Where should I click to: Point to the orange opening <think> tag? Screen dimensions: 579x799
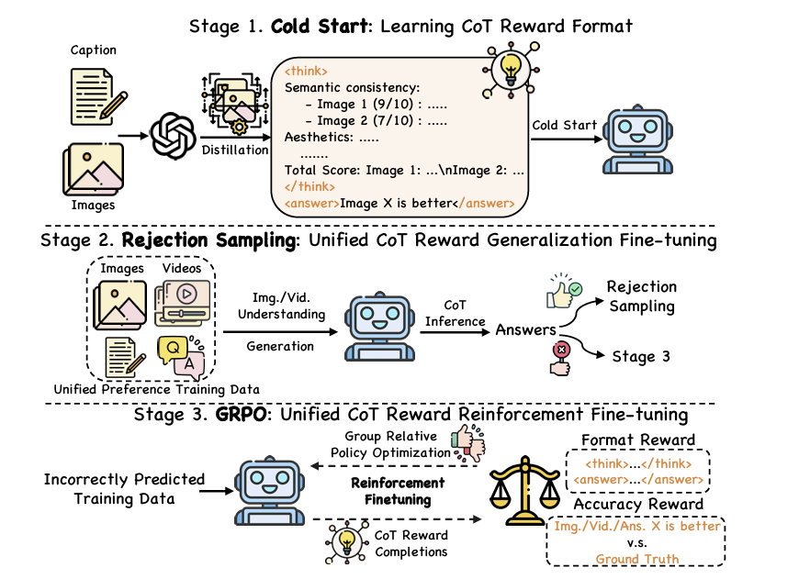point(307,71)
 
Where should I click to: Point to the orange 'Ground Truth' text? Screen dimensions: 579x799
point(636,559)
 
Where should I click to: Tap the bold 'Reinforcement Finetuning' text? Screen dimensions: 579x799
point(398,490)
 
